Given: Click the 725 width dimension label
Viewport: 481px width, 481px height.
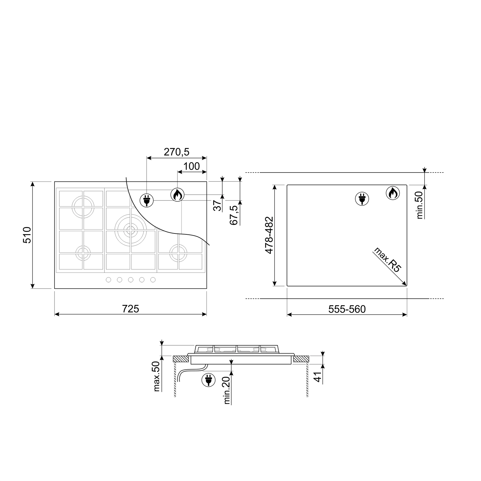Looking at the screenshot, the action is point(131,308).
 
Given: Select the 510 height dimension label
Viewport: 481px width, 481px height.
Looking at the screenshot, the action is point(27,235).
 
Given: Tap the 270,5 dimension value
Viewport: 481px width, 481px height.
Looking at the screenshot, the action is point(176,152).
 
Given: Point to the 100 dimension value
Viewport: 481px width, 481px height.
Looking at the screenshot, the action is point(192,166).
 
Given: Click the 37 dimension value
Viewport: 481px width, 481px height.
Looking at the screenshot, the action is point(218,205).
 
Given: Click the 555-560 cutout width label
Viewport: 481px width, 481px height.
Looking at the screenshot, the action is point(347,309).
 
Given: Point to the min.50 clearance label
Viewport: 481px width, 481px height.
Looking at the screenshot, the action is point(420,204).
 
